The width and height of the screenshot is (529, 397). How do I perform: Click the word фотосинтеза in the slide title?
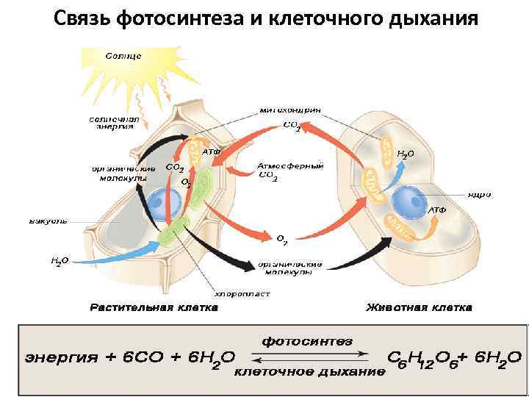(184, 18)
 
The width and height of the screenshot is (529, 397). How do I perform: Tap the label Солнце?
(123, 56)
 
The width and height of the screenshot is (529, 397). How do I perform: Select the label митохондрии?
(291, 110)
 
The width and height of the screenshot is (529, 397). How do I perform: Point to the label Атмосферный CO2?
(289, 171)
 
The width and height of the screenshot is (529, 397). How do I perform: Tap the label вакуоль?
(48, 221)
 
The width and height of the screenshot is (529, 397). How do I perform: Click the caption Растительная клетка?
(154, 307)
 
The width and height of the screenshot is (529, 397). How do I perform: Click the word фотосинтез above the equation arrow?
(308, 341)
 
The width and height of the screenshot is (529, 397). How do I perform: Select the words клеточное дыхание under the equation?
(309, 372)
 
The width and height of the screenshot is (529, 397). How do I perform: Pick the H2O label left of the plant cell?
(60, 261)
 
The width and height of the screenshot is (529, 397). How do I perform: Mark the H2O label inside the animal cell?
(406, 155)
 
